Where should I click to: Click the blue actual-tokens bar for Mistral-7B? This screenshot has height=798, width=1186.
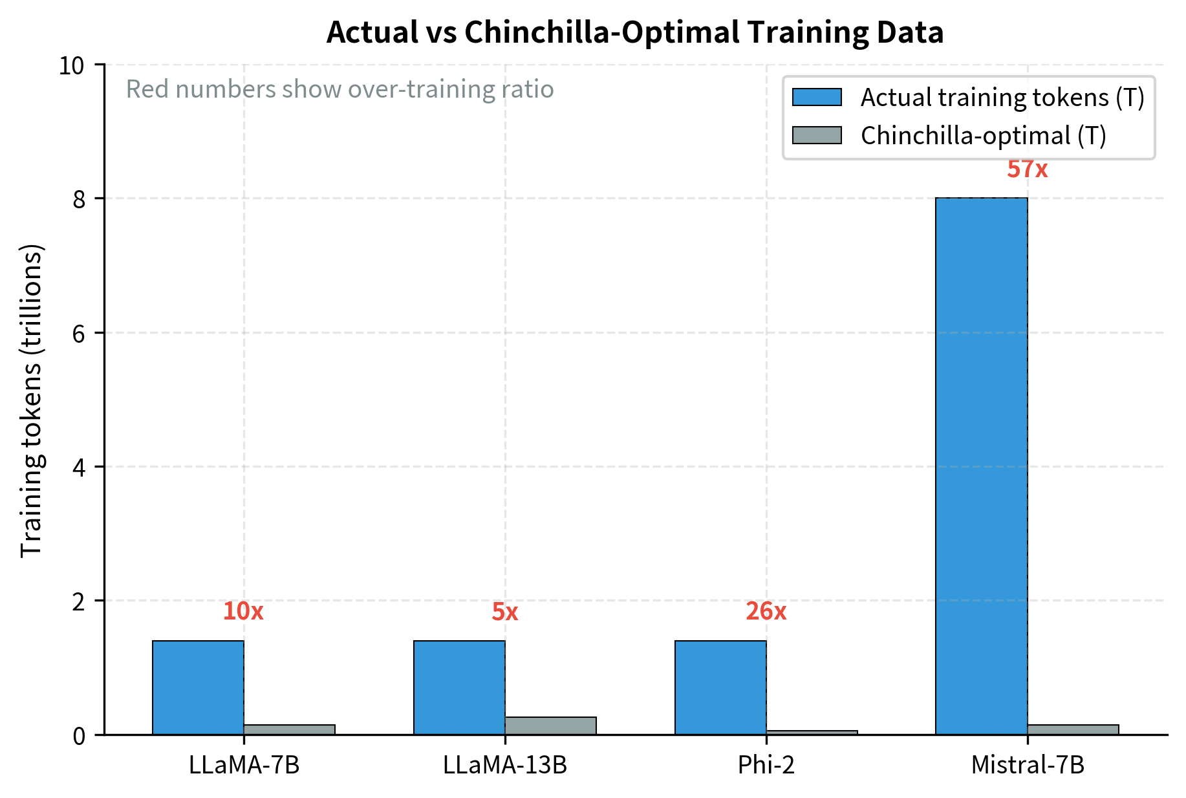point(981,466)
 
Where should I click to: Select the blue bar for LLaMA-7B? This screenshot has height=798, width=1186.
point(198,687)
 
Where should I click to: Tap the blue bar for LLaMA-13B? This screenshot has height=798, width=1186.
point(459,687)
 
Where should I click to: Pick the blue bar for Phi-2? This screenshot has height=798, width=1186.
point(720,687)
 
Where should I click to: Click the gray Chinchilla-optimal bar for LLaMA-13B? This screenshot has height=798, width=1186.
point(550,726)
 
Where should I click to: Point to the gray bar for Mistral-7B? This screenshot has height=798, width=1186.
point(1073,729)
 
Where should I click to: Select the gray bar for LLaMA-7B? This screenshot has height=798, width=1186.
point(289,729)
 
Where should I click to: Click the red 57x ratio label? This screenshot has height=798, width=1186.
point(1027,169)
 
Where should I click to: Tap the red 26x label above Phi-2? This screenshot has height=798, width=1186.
point(766,611)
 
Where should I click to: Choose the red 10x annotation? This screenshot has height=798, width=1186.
point(243,611)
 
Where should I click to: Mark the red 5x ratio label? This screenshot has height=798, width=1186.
point(504,612)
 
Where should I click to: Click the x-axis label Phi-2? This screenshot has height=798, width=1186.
point(766,765)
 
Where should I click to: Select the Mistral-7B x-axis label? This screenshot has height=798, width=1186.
point(1027,765)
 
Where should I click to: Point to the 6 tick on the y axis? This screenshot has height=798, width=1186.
point(79,333)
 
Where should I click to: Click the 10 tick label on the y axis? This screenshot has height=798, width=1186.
point(72,65)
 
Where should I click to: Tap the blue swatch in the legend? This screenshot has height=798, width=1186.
point(817,98)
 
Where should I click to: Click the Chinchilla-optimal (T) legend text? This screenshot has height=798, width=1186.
point(983,136)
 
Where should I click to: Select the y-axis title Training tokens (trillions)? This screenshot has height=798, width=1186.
point(31,400)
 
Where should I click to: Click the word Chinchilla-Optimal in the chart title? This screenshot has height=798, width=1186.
point(602,32)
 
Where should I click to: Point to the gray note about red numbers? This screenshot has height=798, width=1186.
point(340,89)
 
